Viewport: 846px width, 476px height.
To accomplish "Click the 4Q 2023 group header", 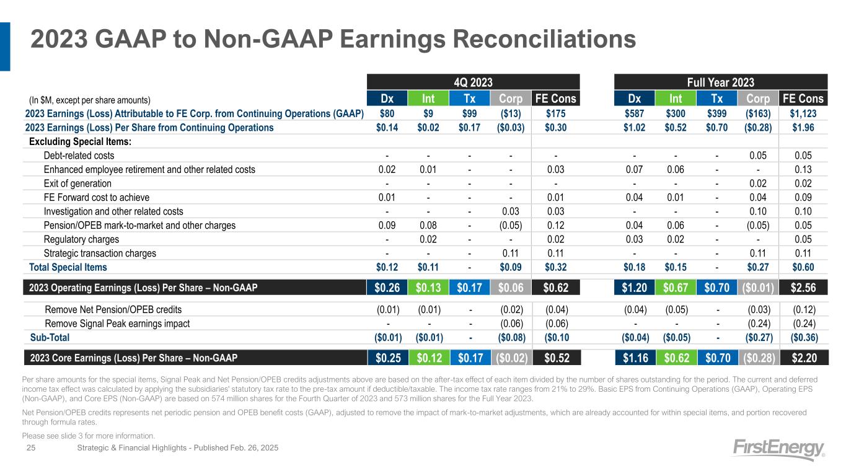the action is point(474,82).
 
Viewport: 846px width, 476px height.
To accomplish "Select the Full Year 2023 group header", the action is point(721,82).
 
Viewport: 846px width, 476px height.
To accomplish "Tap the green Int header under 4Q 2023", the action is point(428,98).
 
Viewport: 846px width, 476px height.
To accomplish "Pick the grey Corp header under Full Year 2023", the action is point(758,98).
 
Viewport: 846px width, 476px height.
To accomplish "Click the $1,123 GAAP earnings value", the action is point(803,113).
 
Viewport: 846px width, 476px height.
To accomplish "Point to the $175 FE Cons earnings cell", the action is point(555,113).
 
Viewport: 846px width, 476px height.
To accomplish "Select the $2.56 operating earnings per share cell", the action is point(803,288).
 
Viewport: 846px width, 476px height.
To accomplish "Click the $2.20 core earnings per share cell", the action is point(804,358).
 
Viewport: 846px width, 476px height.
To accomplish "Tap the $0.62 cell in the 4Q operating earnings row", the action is point(555,288).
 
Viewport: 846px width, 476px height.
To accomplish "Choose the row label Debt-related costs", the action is point(79,156).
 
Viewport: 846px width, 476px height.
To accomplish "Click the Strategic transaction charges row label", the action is point(100,253).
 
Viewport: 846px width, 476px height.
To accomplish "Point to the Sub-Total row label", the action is point(50,337).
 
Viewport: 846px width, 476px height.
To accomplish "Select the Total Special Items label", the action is point(68,267).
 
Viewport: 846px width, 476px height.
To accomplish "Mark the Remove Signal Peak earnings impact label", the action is point(117,324).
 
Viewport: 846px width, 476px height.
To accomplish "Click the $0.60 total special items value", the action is point(803,267).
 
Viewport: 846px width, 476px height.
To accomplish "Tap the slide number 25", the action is point(31,447).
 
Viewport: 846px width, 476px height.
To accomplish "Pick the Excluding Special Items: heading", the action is point(80,142).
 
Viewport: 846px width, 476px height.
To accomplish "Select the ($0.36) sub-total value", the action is point(804,337).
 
